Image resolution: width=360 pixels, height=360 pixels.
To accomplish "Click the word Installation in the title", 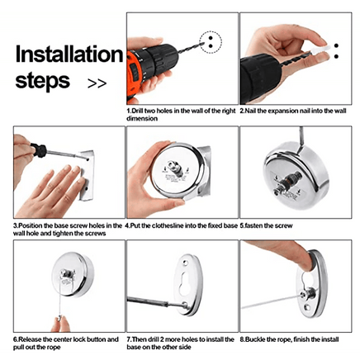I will [x=69, y=55].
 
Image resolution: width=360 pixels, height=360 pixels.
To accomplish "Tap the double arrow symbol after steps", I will [x=97, y=83].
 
